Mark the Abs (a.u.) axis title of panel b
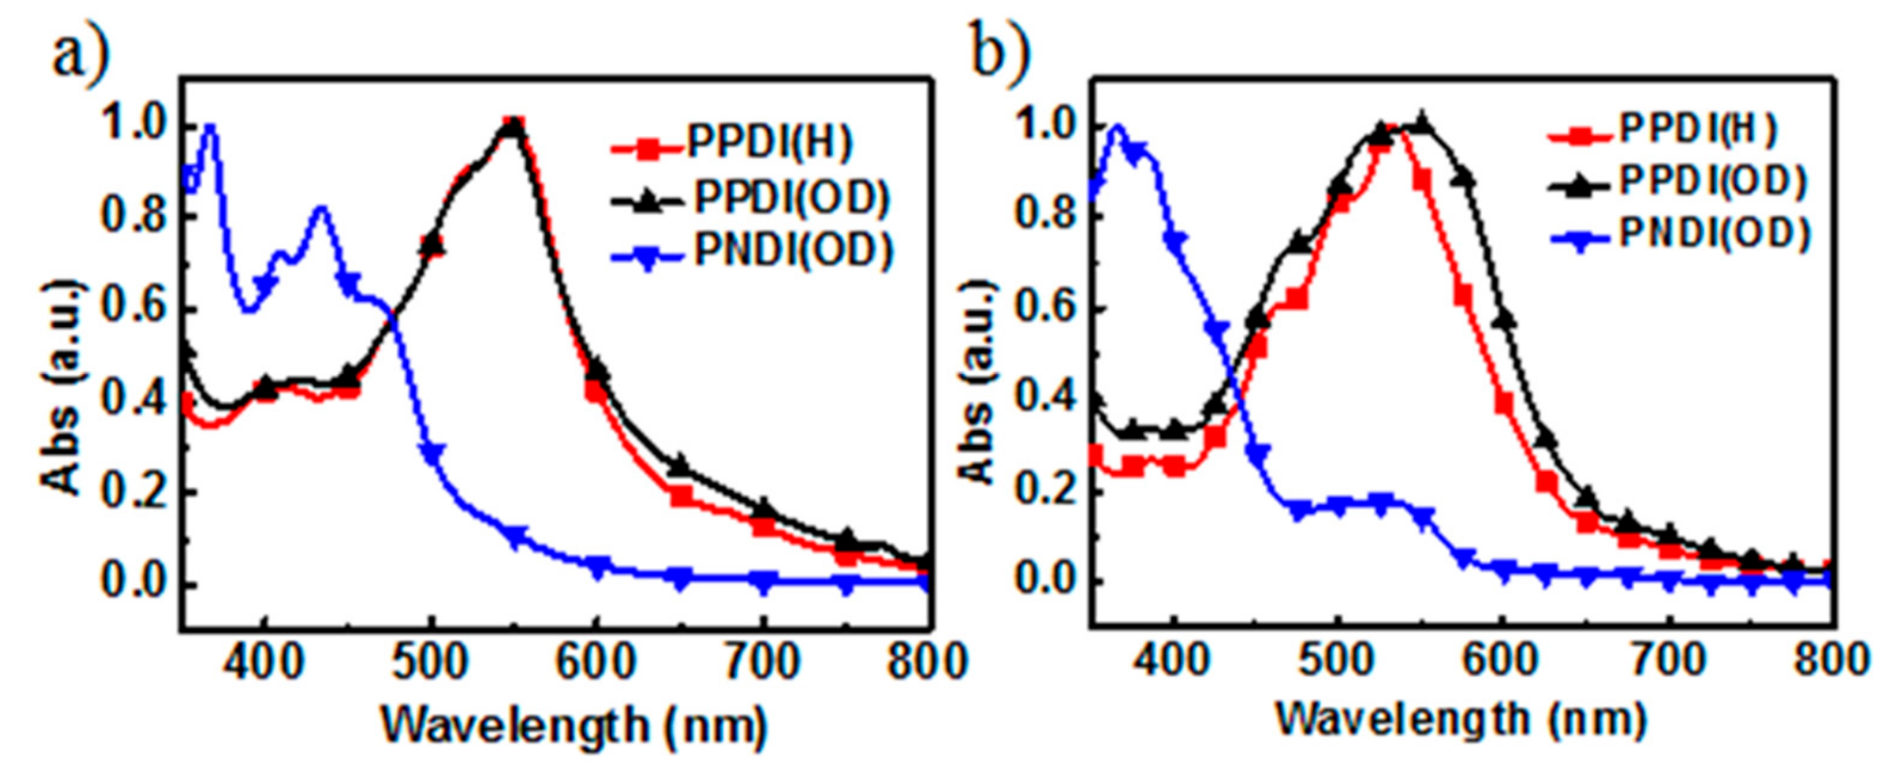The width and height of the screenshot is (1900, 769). [981, 384]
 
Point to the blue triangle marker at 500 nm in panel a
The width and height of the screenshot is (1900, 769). [433, 452]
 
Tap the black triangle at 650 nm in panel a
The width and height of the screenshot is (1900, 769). [680, 466]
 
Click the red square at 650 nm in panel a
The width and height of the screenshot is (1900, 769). [680, 496]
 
